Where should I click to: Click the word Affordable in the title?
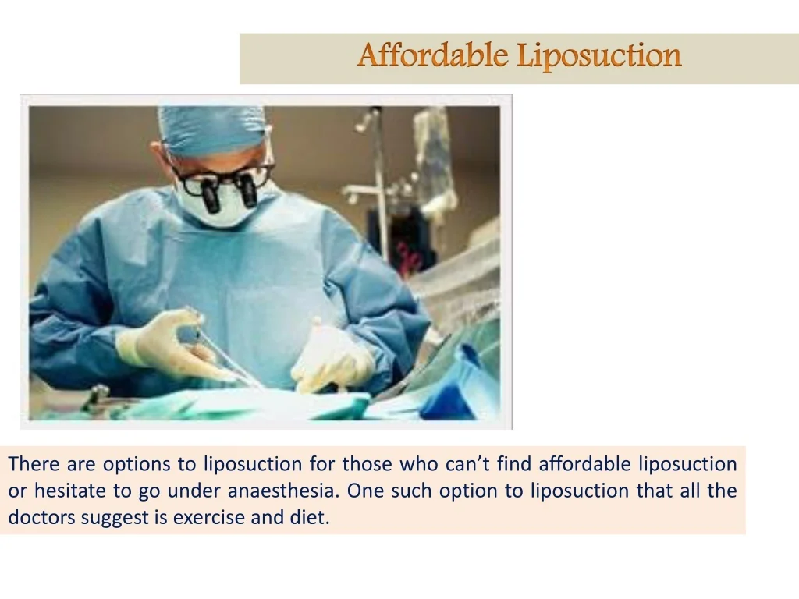click(x=432, y=55)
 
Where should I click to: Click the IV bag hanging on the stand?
click(x=434, y=158)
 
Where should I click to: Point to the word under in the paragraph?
click(x=194, y=491)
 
